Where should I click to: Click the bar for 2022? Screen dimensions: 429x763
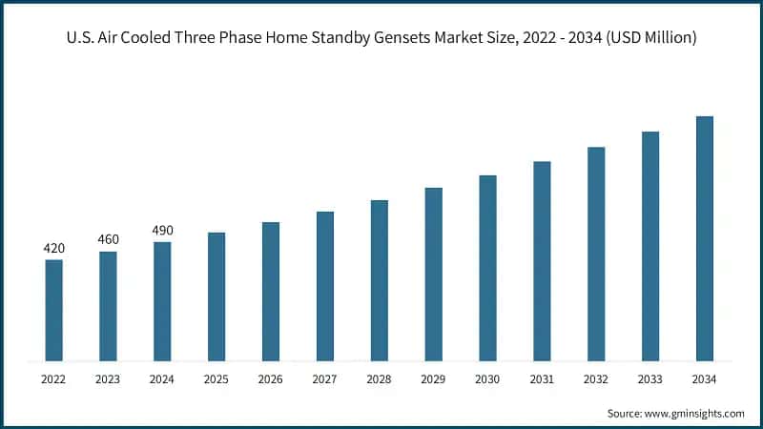[53, 310]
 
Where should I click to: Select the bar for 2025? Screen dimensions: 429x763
[217, 296]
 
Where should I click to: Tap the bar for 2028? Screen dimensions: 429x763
[380, 280]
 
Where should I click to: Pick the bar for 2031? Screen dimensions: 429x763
[542, 261]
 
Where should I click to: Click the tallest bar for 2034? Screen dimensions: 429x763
[705, 238]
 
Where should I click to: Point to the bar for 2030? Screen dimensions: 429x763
[487, 268]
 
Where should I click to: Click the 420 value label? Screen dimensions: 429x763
[53, 249]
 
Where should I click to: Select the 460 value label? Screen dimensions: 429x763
[108, 240]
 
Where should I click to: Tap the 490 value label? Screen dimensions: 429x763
[162, 231]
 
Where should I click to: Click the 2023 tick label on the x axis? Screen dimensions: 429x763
[108, 379]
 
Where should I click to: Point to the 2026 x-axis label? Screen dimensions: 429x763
[271, 379]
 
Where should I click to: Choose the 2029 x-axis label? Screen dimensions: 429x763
[433, 379]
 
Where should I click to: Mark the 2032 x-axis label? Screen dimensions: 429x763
[596, 379]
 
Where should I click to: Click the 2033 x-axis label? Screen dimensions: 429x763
[650, 379]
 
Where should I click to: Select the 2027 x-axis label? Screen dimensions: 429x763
[325, 379]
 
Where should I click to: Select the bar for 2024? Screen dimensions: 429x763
[162, 301]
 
